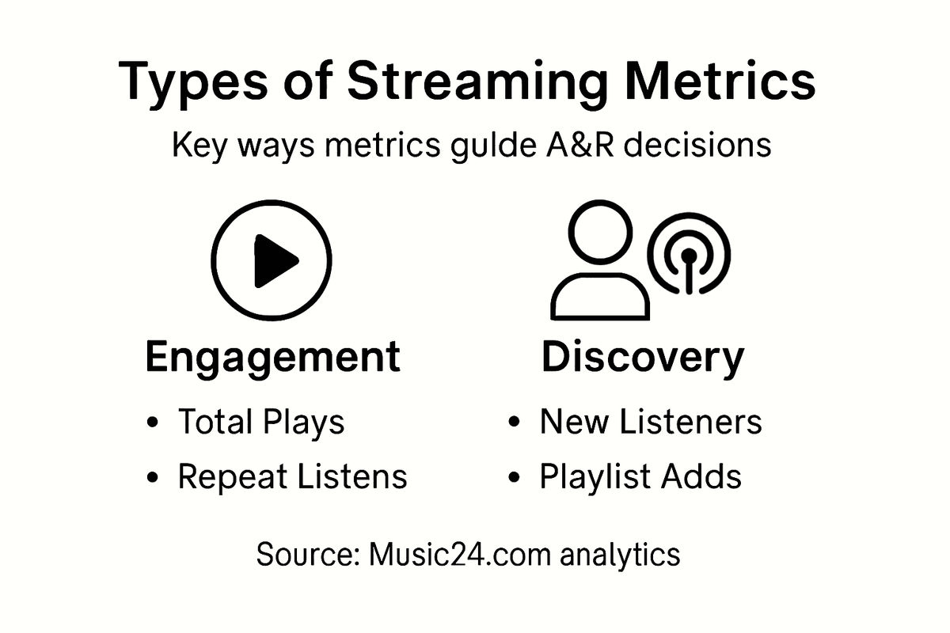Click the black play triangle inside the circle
[274, 260]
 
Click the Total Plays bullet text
[260, 423]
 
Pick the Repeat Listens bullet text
[292, 476]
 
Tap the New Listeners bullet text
[651, 423]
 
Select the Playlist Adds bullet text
[640, 476]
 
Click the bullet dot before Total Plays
[153, 423]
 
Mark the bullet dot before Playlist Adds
[515, 478]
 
